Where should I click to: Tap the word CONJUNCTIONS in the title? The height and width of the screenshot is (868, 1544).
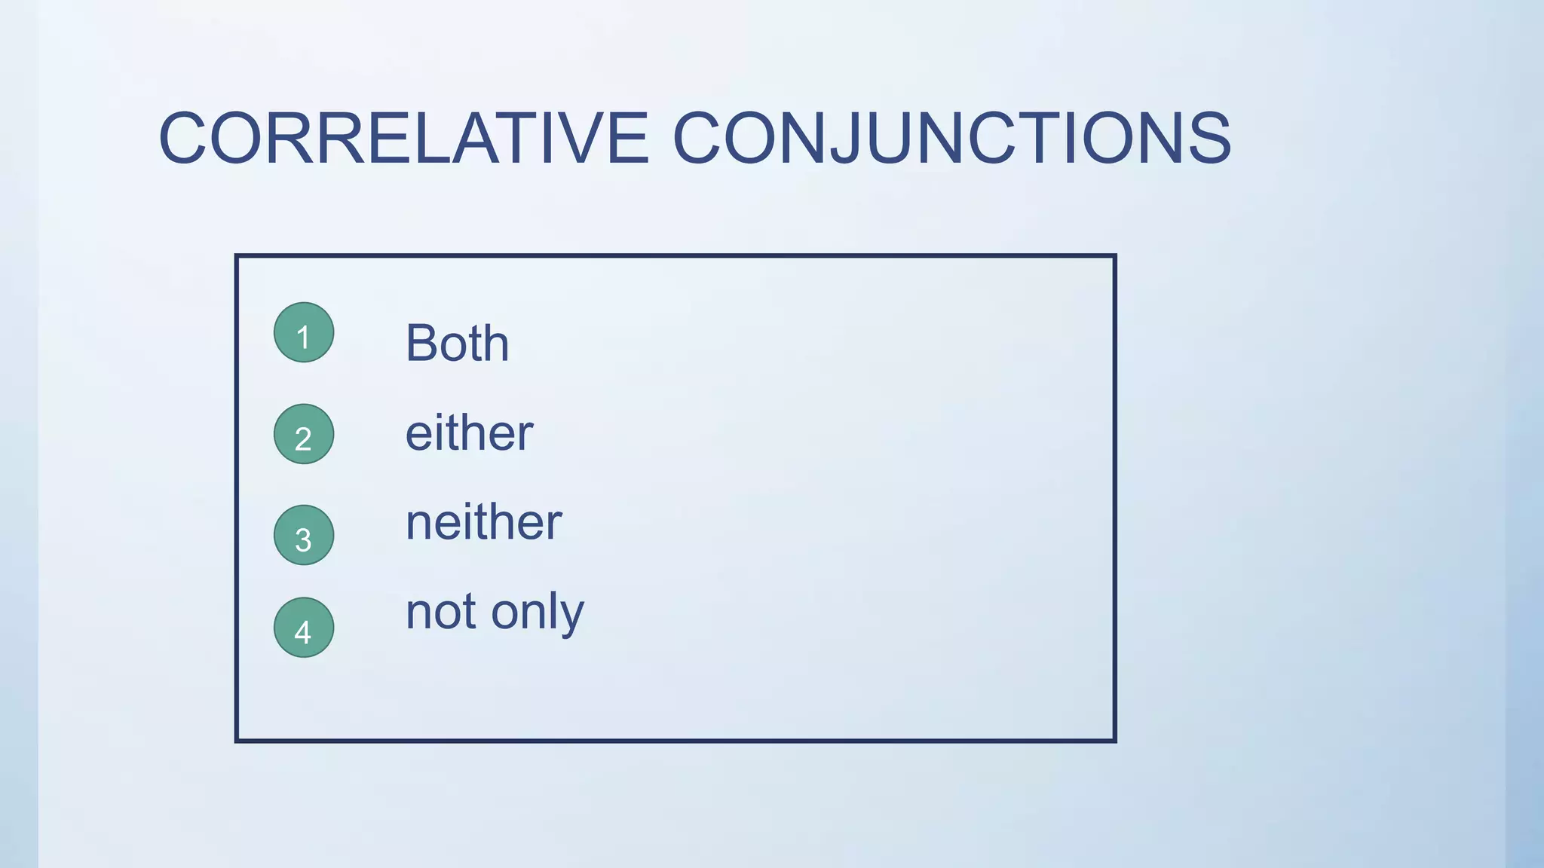click(951, 138)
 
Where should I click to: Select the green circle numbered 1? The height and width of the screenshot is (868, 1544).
click(304, 332)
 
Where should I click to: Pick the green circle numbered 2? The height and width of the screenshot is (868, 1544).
click(304, 434)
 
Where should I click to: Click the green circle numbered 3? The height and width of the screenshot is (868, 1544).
click(304, 535)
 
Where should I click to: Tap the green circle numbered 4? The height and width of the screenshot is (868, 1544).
click(304, 628)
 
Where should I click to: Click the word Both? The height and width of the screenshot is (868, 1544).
click(457, 344)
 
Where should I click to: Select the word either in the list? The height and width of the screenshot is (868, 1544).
click(469, 433)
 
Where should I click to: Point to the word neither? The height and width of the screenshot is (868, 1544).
click(483, 522)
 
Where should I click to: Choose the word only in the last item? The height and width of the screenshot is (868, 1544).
click(538, 614)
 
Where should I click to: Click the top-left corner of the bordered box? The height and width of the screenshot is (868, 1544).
click(237, 256)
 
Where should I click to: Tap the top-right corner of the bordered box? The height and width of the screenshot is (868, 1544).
click(1114, 256)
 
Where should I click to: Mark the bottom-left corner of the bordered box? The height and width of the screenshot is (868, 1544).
click(237, 741)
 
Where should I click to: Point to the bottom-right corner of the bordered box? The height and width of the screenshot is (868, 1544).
click(1114, 741)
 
